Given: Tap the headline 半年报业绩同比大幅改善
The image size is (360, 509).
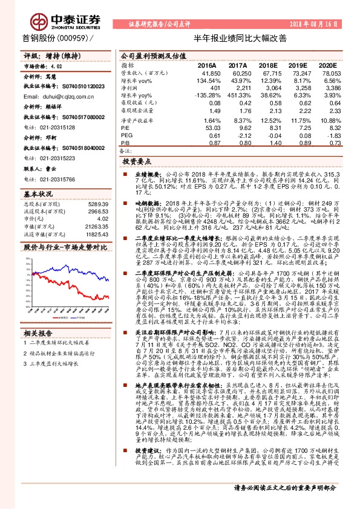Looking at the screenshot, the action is tap(235, 38).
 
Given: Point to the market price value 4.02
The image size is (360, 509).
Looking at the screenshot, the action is tap(56, 68).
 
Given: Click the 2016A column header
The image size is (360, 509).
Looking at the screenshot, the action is tap(206, 65).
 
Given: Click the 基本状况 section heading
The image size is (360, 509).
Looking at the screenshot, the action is tap(38, 195).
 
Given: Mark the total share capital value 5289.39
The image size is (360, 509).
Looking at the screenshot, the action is tap(98, 204).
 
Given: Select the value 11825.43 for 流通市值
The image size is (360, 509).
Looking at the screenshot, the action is tap(97, 233).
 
